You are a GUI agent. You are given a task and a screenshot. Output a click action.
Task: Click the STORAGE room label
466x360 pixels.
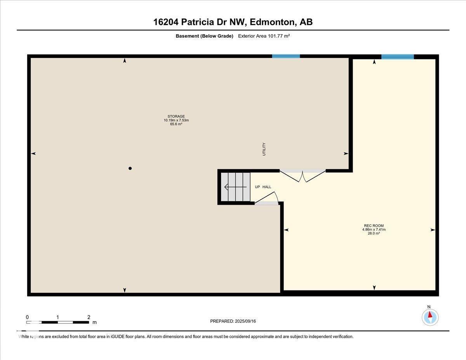point(176,117)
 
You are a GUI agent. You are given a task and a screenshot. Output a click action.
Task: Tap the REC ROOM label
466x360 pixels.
point(374,226)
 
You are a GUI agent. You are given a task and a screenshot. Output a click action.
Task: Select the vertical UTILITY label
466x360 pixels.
point(264,149)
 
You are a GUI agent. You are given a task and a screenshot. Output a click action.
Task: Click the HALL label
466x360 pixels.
point(267,187)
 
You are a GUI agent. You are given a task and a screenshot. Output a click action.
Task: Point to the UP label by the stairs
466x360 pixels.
point(257,187)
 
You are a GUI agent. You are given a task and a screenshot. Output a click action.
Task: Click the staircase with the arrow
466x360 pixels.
point(236,187)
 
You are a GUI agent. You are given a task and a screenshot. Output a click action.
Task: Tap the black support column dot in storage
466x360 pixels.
point(130,168)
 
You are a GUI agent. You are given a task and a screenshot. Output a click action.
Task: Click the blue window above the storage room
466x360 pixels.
point(286,56)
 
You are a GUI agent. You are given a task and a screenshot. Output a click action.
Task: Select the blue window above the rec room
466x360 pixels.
point(397,57)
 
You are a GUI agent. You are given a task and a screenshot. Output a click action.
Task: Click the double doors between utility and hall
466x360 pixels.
point(303,176)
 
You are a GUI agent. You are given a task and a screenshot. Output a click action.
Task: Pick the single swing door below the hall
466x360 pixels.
point(266,198)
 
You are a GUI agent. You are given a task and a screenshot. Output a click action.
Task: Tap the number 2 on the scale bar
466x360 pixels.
point(89,317)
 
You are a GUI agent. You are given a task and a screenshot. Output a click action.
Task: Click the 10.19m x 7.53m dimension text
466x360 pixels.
point(176,120)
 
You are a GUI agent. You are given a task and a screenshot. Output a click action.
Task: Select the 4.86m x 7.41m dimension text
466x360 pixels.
point(374,230)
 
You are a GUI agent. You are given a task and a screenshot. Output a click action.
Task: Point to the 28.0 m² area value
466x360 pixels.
point(374,233)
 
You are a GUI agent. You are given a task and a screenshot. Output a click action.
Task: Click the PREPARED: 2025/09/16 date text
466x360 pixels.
point(233,321)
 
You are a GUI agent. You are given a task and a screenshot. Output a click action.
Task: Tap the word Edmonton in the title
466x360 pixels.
point(272,22)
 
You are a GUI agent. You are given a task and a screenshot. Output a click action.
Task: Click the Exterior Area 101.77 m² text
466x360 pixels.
point(264,36)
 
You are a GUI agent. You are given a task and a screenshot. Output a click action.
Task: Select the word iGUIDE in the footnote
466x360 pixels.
point(118,337)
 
